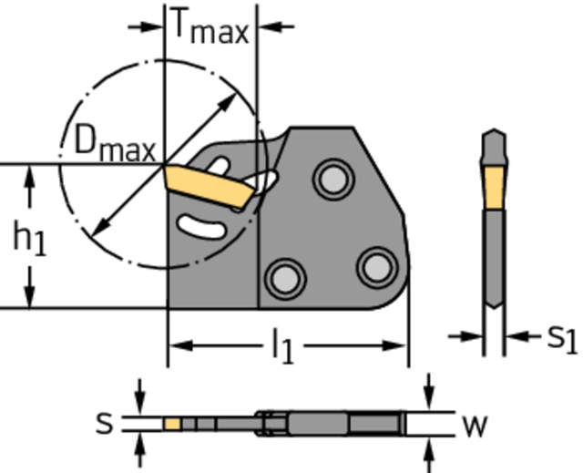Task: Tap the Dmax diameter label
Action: pyautogui.click(x=115, y=144)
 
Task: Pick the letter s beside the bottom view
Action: pyautogui.click(x=107, y=423)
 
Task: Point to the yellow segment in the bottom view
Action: pyautogui.click(x=172, y=424)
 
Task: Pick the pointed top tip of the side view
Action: pyautogui.click(x=493, y=133)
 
